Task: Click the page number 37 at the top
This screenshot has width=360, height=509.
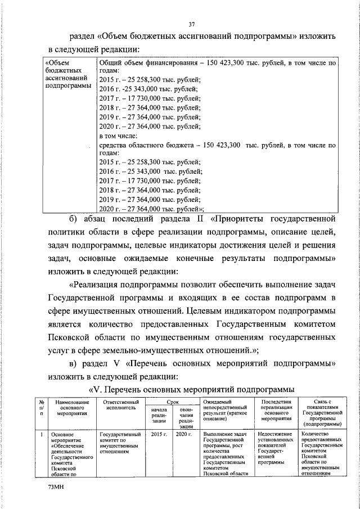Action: [x=191, y=24]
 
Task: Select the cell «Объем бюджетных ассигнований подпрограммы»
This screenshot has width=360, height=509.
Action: [x=67, y=75]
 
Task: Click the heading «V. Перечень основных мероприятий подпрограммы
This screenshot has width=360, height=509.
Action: [x=192, y=389]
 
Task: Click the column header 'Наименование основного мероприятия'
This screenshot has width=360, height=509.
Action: [x=69, y=408]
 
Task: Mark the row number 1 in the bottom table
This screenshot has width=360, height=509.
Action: [x=42, y=435]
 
